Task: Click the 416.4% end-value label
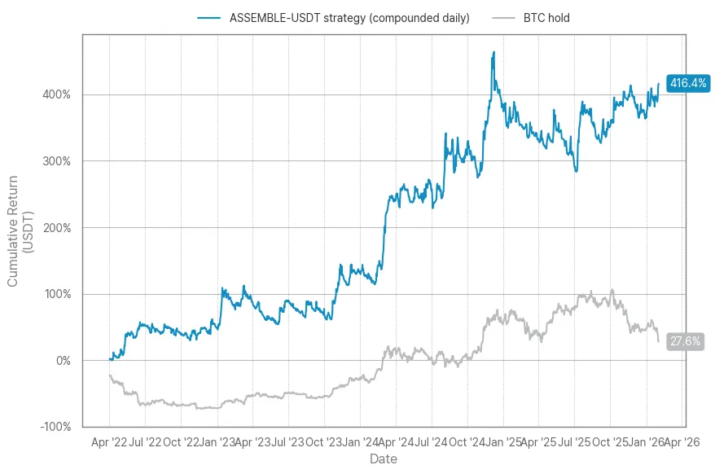[687, 83]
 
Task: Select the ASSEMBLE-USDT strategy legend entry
[349, 18]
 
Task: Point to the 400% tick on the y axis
[56, 94]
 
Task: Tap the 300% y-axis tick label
[56, 161]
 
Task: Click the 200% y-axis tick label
[56, 227]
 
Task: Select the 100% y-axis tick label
[56, 294]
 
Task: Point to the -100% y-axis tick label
[55, 427]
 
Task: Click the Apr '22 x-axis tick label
[110, 442]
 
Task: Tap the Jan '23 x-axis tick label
[216, 442]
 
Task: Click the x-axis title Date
[384, 459]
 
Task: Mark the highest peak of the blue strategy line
[493, 52]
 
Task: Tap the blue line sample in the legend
[209, 18]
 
